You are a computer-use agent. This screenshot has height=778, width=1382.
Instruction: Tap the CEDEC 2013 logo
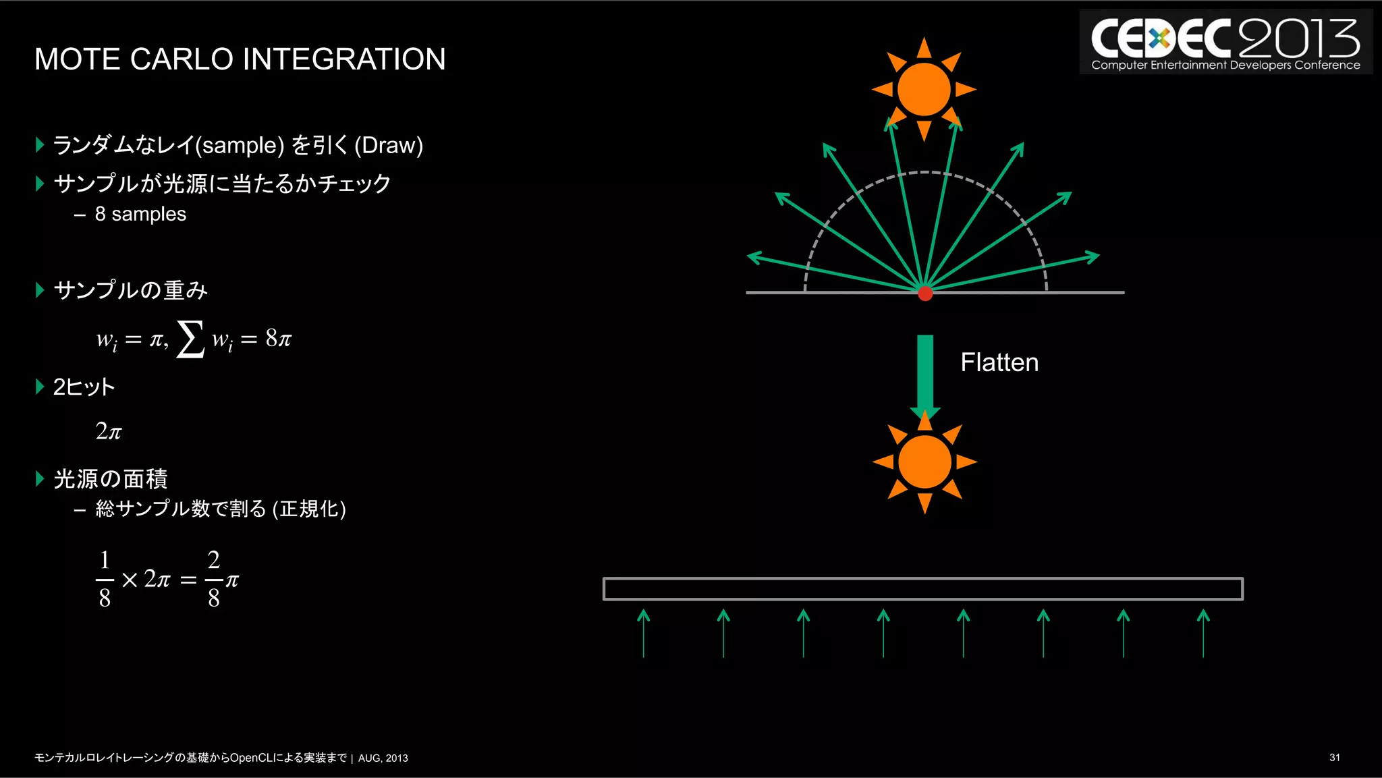click(x=1225, y=43)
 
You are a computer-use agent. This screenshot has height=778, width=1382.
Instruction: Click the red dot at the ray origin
click(x=925, y=293)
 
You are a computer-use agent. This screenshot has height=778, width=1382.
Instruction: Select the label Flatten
click(x=999, y=362)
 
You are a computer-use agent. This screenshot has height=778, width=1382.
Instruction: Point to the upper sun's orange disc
click(x=924, y=89)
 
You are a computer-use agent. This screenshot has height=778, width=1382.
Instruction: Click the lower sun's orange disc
click(x=924, y=462)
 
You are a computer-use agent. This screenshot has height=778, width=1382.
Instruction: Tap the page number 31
click(x=1334, y=758)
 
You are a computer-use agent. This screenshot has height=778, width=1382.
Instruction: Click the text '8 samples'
click(x=140, y=214)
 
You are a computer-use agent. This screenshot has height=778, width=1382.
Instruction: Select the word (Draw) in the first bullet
click(x=389, y=145)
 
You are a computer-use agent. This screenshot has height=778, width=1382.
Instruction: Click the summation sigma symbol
click(x=190, y=339)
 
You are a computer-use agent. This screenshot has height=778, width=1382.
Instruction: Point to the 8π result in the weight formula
click(x=278, y=338)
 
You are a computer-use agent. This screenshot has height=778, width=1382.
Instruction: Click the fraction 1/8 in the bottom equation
click(x=105, y=579)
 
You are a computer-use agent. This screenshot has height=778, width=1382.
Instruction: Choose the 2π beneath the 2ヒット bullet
click(x=109, y=430)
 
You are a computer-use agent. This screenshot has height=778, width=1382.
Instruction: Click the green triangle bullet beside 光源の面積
click(x=40, y=479)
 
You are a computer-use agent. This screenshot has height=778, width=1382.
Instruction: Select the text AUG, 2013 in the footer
click(x=383, y=758)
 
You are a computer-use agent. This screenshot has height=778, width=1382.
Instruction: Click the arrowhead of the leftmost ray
click(x=754, y=256)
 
